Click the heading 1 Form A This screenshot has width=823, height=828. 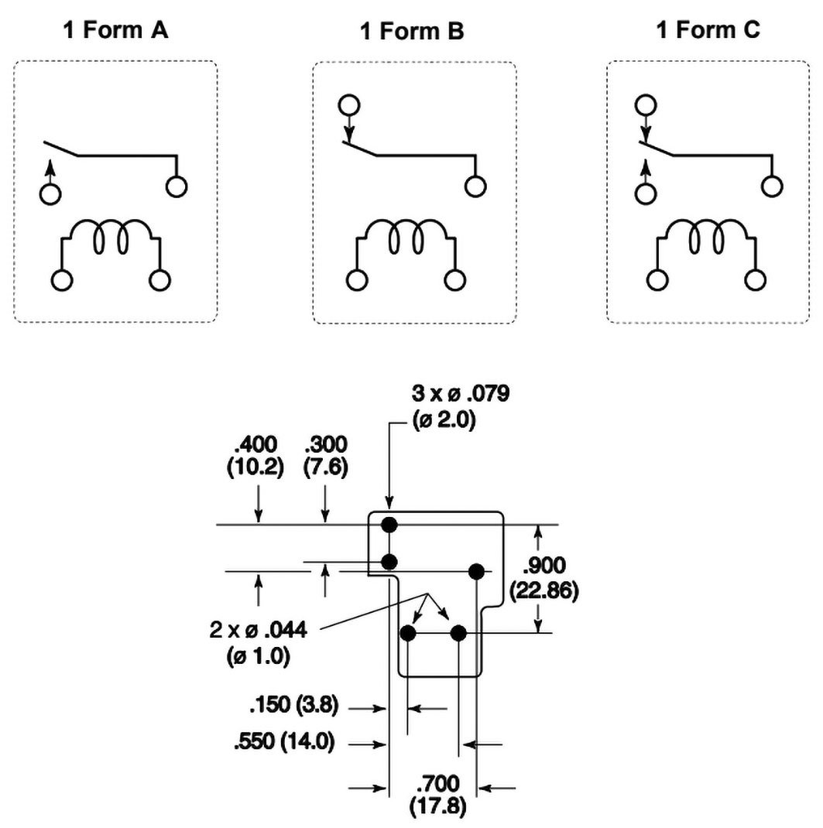pos(115,31)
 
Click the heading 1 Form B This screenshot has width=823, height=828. pos(413,33)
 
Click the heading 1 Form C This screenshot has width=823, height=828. pos(708,31)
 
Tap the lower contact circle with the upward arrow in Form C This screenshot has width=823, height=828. pos(643,193)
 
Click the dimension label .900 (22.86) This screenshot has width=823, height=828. pos(545,577)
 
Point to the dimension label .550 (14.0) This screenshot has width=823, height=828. pos(285,742)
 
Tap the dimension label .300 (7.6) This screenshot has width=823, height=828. pos(326,456)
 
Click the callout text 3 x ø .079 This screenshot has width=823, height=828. pos(461,395)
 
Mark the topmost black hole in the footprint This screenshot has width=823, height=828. pos(389,525)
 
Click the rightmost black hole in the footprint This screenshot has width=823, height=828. pos(476,572)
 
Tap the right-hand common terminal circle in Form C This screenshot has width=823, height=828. pos(772,186)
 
